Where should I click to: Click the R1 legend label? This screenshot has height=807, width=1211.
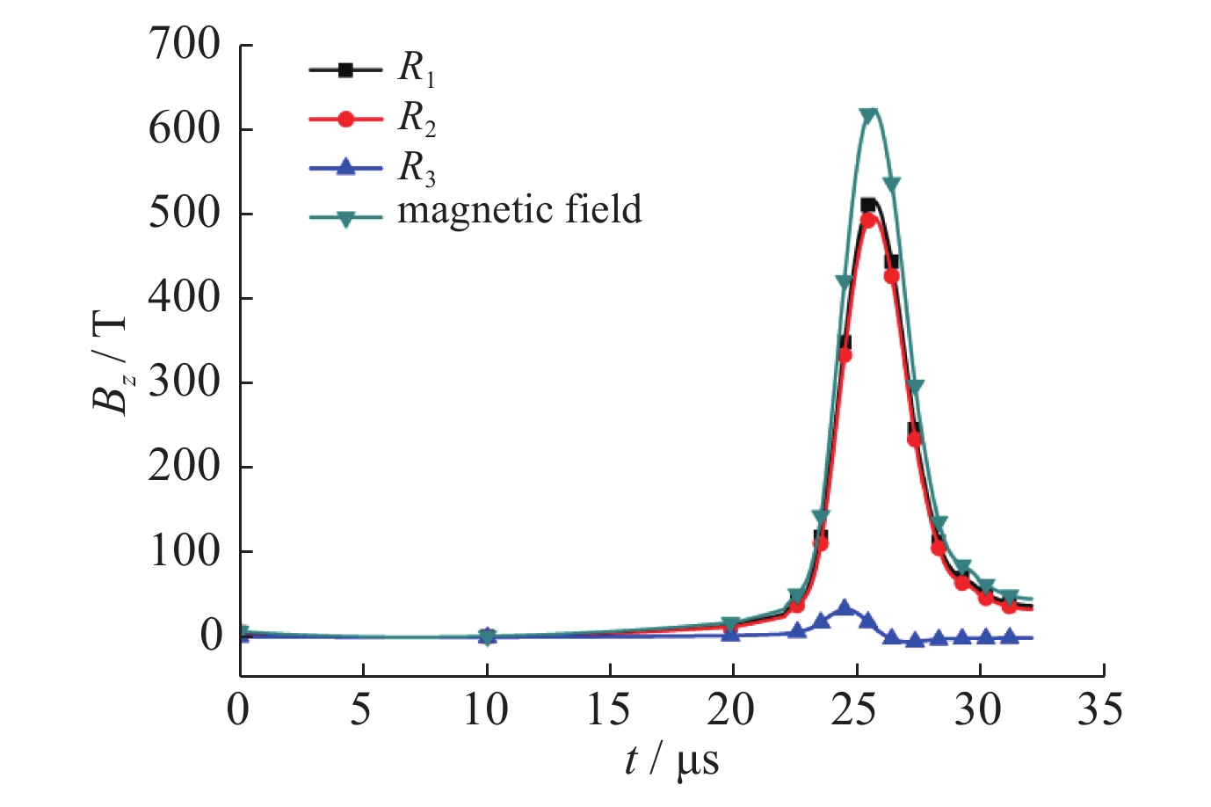coord(417,69)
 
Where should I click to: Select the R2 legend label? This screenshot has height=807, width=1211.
coord(417,119)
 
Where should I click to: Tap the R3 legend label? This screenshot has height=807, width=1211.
coord(417,168)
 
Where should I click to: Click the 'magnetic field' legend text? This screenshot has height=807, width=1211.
coord(519,210)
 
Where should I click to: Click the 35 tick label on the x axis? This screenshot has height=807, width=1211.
coord(1100,709)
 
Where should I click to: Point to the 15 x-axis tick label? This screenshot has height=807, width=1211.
coord(608,709)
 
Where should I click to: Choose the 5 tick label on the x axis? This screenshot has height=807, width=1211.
coord(361,709)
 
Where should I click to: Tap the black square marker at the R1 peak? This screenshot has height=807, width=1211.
coord(868,205)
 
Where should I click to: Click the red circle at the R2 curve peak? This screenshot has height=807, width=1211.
coord(868,220)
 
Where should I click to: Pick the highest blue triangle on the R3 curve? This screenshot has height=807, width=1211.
coord(845,607)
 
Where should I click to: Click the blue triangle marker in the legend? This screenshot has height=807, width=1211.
coord(345,167)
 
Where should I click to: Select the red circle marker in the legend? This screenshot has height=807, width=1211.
coord(345,119)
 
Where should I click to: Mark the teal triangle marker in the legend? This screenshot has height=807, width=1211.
coord(345,218)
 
